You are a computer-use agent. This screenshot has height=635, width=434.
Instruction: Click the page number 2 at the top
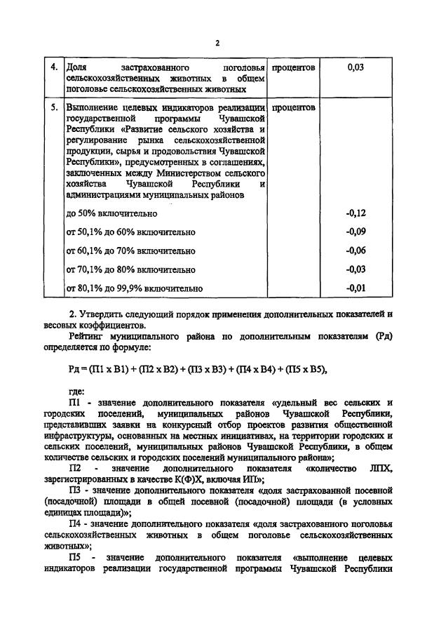217,43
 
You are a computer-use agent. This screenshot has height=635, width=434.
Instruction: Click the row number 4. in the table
55,67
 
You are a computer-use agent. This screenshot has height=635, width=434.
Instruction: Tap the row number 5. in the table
55,108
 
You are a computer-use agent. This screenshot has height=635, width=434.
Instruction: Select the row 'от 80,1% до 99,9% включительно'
135,288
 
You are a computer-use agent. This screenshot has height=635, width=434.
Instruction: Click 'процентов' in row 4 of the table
293,67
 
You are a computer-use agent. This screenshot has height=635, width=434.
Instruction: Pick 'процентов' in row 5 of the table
293,108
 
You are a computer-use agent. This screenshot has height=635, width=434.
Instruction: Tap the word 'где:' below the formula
76,392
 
